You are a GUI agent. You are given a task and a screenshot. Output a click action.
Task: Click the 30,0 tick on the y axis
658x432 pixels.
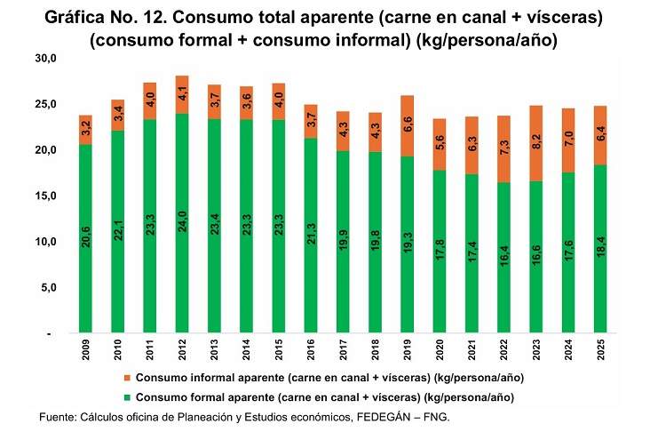[x=44, y=59]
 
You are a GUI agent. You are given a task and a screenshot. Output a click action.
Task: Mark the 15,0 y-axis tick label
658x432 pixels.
[x=44, y=196]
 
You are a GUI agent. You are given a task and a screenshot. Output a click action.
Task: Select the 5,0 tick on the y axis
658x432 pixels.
[x=47, y=288]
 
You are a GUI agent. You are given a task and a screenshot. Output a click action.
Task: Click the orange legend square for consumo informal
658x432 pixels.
[x=127, y=377]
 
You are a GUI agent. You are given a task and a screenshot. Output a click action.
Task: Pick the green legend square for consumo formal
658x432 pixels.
[x=127, y=396]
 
